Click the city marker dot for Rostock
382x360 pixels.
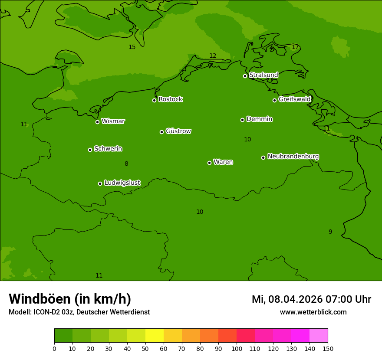tap(154, 100)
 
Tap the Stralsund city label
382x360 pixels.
tap(263, 75)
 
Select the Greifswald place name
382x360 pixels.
tap(294, 99)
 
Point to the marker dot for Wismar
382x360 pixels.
tap(97, 122)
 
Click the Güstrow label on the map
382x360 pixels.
tap(178, 131)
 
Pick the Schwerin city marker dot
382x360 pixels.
tap(90, 150)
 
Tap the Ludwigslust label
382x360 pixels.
tap(122, 183)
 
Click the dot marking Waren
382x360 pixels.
tap(209, 163)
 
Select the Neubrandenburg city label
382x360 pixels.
tap(293, 156)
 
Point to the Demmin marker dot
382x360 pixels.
tap(242, 120)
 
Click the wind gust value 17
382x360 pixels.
tap(295, 47)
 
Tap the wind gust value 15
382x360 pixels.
tap(132, 47)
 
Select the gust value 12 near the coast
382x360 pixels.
tap(213, 56)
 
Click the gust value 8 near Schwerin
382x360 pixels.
tap(126, 164)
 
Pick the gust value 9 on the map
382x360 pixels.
tap(330, 232)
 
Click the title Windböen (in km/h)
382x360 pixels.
tap(70, 299)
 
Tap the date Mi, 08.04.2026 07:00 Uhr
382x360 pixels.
tap(311, 299)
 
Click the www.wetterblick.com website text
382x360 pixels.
tap(313, 312)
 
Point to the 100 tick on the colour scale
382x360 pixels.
tap(237, 348)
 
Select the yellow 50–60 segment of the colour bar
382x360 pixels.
tap(155, 336)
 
